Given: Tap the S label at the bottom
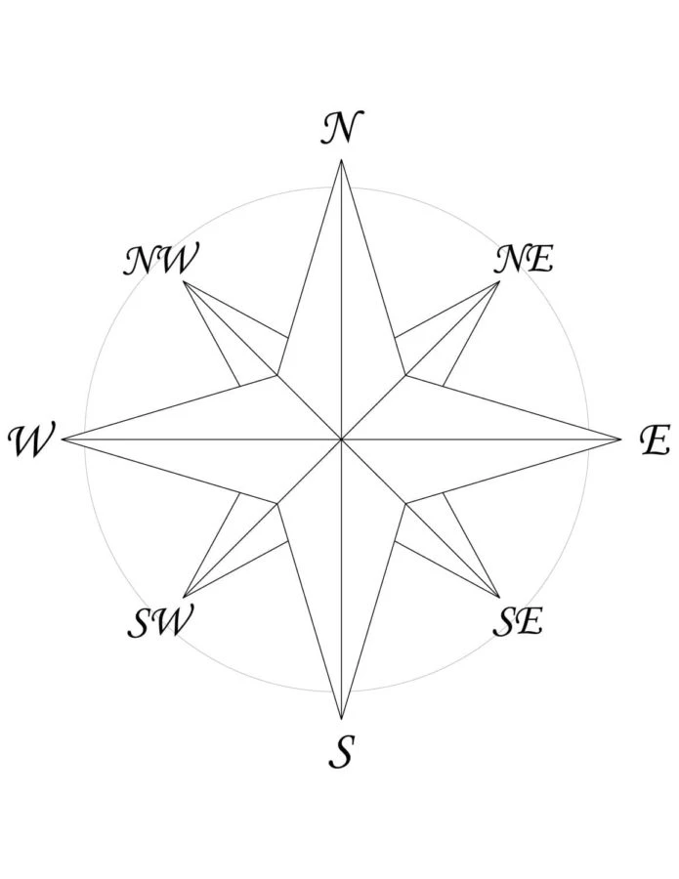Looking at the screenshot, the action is [342, 751].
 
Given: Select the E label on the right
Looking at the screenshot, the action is [655, 440].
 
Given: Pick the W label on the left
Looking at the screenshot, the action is [32, 440].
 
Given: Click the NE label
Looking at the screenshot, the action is [524, 259].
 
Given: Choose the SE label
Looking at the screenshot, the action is [518, 620].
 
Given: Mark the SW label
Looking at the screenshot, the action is [160, 620].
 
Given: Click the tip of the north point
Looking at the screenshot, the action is [342, 159].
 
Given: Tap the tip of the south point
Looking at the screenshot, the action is [342, 719].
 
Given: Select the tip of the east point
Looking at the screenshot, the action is [621, 439].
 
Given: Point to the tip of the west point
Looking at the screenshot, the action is [62, 439].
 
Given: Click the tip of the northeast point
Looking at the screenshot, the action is [499, 281].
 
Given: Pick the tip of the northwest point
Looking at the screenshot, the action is [184, 281].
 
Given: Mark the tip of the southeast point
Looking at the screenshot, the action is [499, 598].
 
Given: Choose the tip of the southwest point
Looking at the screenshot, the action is [184, 598].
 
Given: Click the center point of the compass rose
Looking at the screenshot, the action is [342, 439].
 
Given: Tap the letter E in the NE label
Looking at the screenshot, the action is [539, 260].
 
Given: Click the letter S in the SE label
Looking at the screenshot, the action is [505, 621].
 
